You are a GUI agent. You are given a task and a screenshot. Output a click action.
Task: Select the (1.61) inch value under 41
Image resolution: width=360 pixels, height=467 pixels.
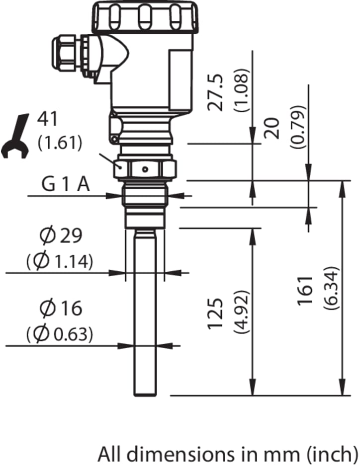[60, 143]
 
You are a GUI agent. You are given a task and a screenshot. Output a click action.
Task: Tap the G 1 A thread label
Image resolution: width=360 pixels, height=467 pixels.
[66, 185]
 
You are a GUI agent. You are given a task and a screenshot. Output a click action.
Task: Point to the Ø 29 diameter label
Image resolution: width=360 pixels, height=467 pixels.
[61, 235]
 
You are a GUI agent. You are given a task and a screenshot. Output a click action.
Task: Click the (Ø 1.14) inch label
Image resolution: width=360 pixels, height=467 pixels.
[60, 261]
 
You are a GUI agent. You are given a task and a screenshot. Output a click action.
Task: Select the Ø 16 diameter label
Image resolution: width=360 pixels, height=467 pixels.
[61, 308]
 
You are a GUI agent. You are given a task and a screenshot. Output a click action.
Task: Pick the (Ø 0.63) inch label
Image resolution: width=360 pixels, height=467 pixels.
[60, 334]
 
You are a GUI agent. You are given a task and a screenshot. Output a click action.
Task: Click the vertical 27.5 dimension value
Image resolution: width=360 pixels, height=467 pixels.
[215, 92]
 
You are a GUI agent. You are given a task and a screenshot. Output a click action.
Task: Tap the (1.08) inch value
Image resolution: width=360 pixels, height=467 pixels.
[241, 90]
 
